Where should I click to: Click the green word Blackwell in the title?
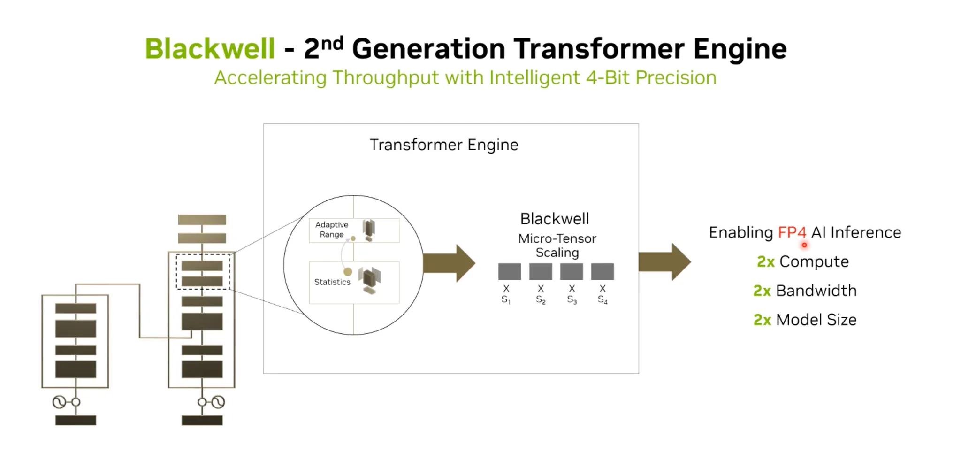tap(210, 48)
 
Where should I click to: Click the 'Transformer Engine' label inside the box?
tap(444, 145)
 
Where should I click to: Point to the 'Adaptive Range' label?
tap(332, 230)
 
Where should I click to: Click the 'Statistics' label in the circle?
tap(332, 282)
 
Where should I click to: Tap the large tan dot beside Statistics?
tap(348, 272)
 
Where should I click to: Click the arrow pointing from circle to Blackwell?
tap(449, 263)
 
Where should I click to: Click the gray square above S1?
tap(509, 271)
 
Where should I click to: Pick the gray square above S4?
tap(603, 271)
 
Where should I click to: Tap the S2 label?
tap(541, 299)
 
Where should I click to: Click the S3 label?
tap(572, 299)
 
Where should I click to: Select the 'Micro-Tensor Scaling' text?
tap(557, 246)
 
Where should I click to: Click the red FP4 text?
tap(792, 232)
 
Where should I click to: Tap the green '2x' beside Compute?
tap(765, 261)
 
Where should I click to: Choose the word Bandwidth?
tap(816, 291)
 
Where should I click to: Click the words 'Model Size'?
tap(816, 320)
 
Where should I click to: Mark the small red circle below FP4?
tap(804, 245)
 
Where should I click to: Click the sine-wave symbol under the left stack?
tap(59, 402)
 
